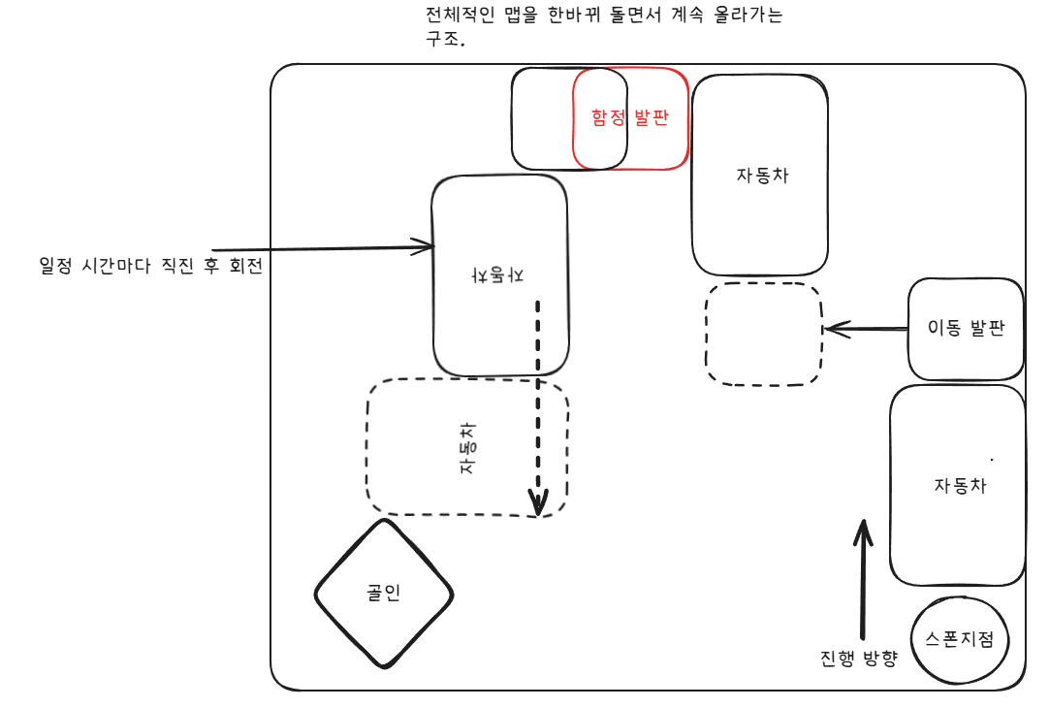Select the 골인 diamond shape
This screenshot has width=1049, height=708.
pos(384,594)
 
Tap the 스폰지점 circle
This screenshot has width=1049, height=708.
pos(960,639)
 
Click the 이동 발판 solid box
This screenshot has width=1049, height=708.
pos(966,329)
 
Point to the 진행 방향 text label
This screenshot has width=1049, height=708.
pos(859,659)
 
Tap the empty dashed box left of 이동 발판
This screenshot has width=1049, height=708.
pos(763,334)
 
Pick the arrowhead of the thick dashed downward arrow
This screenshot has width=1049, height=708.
pos(539,503)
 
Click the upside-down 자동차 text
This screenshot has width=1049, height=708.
pos(498,274)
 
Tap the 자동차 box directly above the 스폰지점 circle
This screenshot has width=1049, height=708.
pos(958,485)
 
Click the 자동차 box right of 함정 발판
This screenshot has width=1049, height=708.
pos(760,176)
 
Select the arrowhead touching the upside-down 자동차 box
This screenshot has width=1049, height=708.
pos(423,247)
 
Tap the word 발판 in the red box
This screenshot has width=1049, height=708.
pos(652,117)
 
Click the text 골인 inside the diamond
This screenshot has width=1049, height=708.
pos(384,594)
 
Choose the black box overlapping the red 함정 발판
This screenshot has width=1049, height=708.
pos(542,118)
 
